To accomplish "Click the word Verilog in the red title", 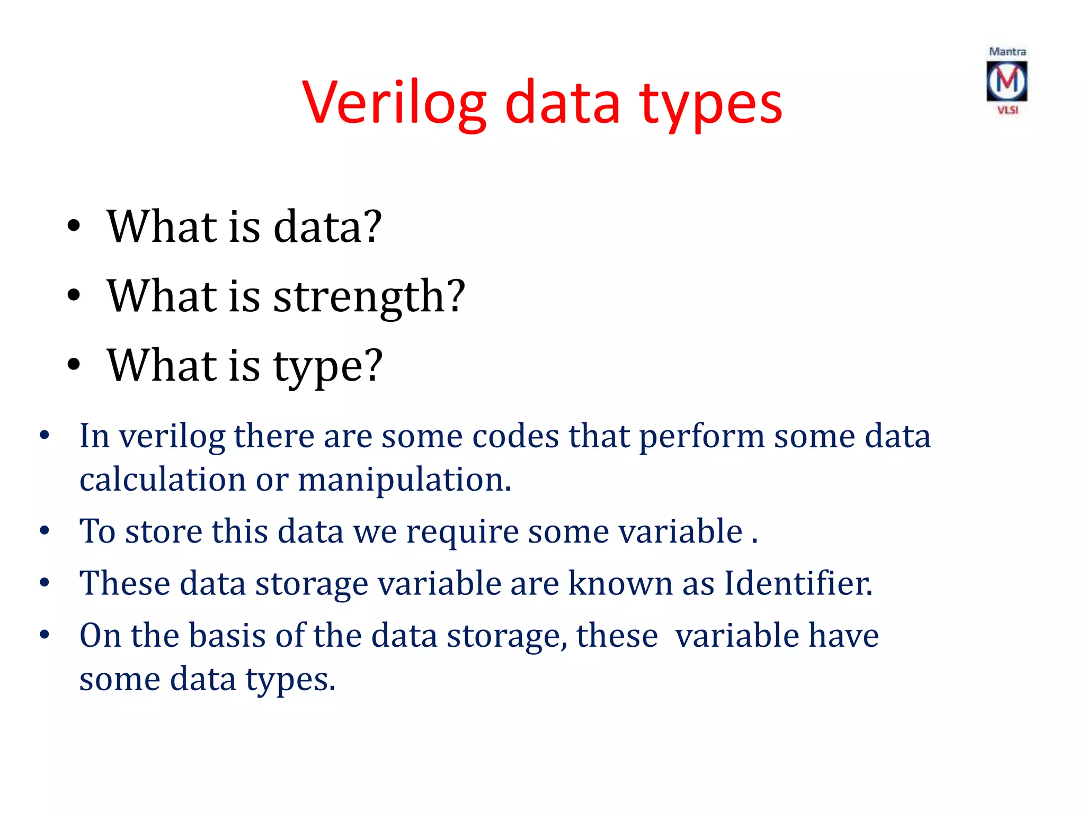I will pos(394,103).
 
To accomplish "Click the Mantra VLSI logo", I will pos(1007,82).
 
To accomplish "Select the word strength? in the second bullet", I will pos(369,297).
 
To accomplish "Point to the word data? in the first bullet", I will pos(327,227).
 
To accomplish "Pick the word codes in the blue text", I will pos(515,437).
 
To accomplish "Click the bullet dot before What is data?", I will pos(74,227).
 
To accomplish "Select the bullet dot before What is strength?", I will pos(74,297).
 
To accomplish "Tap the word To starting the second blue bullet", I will pos(97,531).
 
